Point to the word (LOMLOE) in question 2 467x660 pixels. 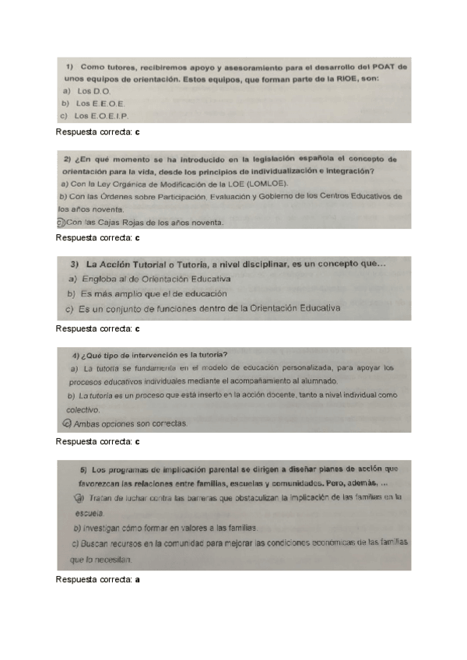(266, 184)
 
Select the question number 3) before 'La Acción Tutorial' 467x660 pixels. (76, 264)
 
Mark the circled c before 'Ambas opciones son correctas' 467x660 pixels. (65, 423)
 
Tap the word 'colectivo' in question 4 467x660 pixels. (82, 409)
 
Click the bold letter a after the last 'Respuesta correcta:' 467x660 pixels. (138, 580)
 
